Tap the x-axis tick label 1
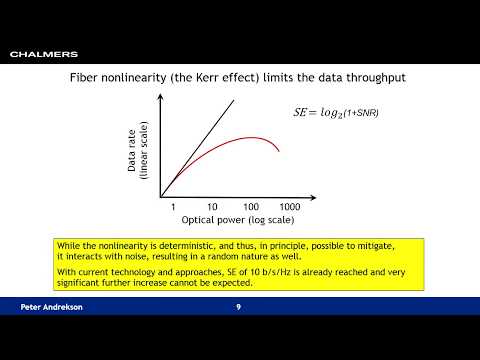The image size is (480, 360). click(x=173, y=205)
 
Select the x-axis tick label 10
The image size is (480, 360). click(x=212, y=205)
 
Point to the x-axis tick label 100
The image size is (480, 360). click(x=250, y=205)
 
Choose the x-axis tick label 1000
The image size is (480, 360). click(x=290, y=205)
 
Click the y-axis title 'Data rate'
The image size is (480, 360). click(x=133, y=150)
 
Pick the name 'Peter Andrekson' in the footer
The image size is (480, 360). click(x=53, y=306)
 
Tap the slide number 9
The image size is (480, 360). click(x=238, y=306)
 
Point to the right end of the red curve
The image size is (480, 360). click(x=278, y=152)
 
